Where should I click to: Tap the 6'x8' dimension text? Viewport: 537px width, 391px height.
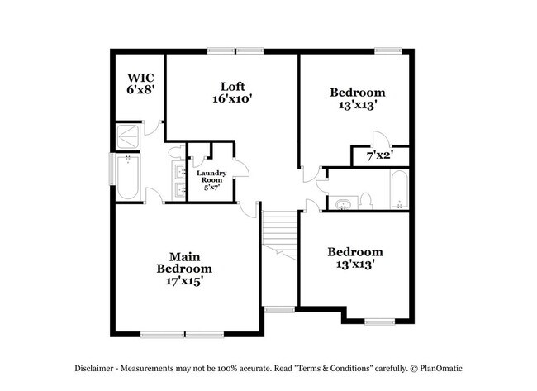[140, 88]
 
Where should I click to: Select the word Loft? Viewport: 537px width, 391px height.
[232, 86]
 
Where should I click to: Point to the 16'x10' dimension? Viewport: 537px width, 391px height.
[232, 98]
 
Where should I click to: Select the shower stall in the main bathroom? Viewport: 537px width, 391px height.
[128, 136]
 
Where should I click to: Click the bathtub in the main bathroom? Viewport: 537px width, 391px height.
[127, 178]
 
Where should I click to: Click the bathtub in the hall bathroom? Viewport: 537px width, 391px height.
[398, 191]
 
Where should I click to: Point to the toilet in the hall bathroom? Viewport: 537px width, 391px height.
[366, 199]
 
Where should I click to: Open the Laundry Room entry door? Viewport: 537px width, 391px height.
[241, 169]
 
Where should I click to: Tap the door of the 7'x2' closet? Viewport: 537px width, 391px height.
[377, 141]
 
